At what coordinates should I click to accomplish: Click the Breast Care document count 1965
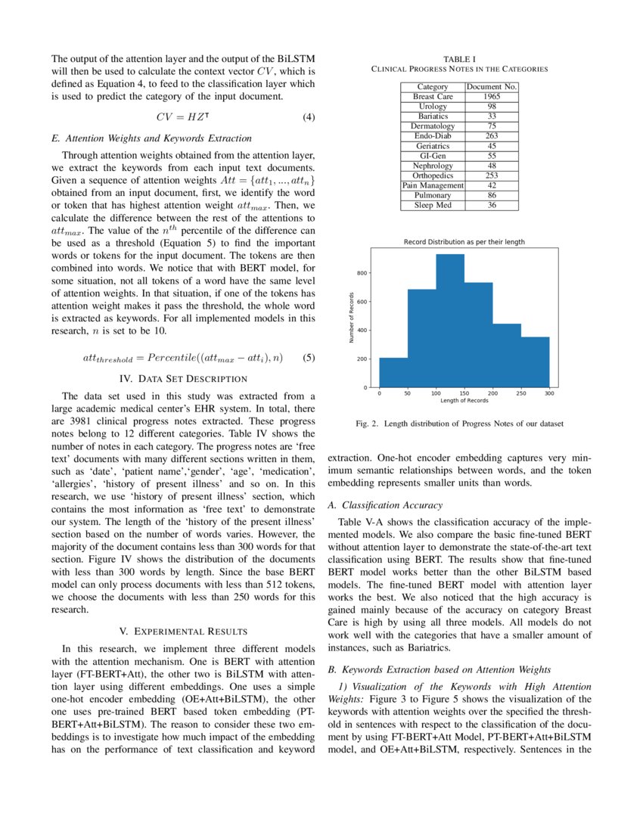[x=492, y=97]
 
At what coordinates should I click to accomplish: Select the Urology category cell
[x=433, y=107]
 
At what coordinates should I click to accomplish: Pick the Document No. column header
[x=492, y=87]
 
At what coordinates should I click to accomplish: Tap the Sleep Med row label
[x=433, y=205]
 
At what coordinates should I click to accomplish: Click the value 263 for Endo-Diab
[x=492, y=136]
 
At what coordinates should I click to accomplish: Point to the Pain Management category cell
[x=433, y=185]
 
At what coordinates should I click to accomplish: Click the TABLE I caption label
[x=459, y=58]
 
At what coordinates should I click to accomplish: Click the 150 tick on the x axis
[x=464, y=394]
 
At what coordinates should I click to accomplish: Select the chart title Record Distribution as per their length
[x=464, y=242]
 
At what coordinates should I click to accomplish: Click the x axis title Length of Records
[x=464, y=401]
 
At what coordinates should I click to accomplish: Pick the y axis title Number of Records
[x=352, y=318]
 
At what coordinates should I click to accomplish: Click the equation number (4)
[x=308, y=116]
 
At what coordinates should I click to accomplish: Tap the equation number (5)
[x=308, y=358]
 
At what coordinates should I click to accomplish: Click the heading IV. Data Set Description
[x=183, y=378]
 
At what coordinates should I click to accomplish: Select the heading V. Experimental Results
[x=183, y=630]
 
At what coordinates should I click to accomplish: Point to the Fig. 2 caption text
[x=459, y=424]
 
